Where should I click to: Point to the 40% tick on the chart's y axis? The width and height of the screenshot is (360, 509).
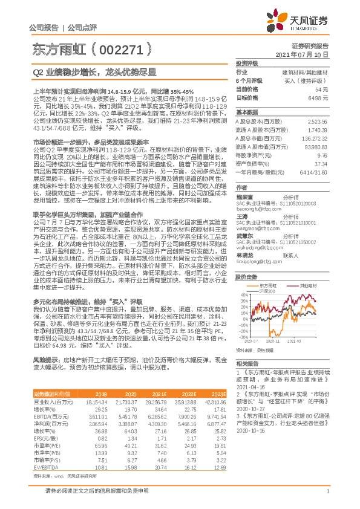pos(243,296)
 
